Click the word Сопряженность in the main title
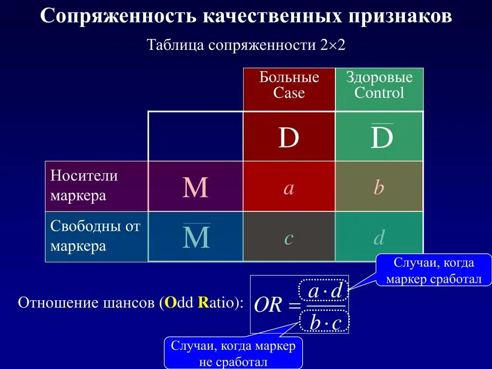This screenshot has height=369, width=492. pos(118,16)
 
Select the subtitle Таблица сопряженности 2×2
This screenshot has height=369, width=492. pos(246,46)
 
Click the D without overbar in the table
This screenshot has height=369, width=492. pos(289,138)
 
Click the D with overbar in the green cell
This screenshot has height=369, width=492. pos(381,138)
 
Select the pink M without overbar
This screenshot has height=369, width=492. pos(196,188)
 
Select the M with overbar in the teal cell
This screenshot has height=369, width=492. pos(196,237)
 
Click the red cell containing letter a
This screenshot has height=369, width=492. pos(289,188)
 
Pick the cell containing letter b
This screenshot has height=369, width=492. pos(379,188)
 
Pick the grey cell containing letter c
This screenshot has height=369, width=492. pos(289,237)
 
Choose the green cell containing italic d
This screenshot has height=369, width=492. pos(379,237)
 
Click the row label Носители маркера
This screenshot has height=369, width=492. pos(84,186)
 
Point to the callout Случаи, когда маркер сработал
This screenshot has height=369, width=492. pos(433,271)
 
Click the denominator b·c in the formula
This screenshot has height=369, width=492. pos(325,322)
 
